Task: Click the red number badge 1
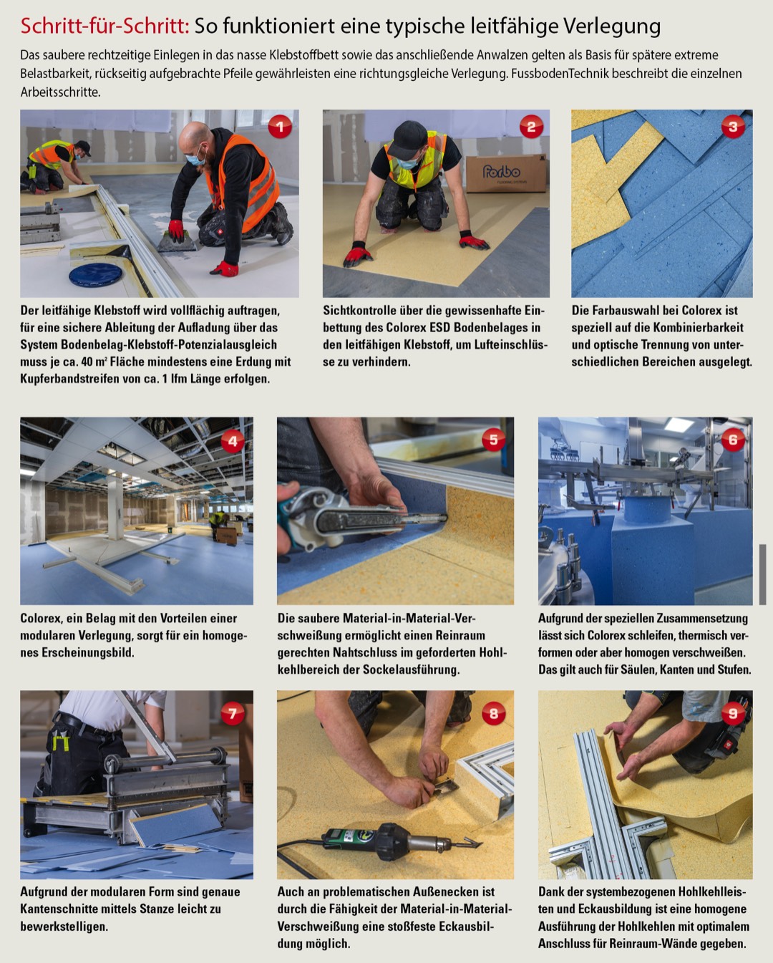click(280, 127)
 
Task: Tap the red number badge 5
click(493, 440)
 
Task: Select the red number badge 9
click(733, 713)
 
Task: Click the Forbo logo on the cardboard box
click(501, 171)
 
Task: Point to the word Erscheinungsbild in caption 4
click(87, 652)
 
